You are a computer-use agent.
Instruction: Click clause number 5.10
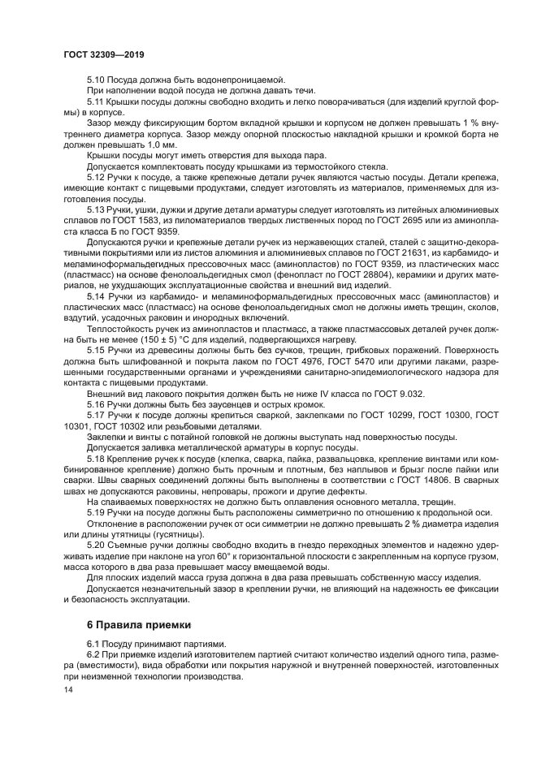tap(96, 80)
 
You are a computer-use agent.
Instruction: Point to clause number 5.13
tap(96, 209)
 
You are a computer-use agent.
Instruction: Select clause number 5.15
tap(96, 347)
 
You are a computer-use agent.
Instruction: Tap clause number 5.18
tap(96, 459)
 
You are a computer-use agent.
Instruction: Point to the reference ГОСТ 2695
tap(399, 219)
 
